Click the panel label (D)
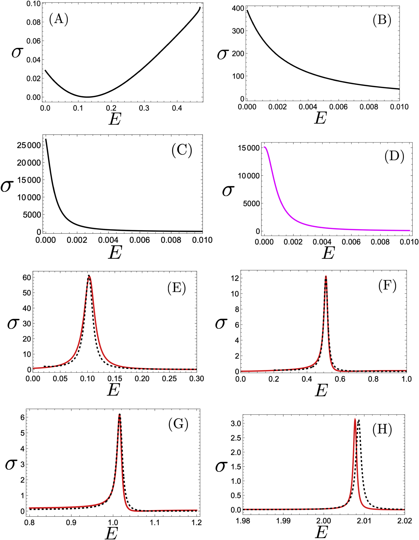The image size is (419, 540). point(394,156)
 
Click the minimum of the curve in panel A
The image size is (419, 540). point(87,97)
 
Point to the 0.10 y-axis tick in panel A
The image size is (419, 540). point(34,4)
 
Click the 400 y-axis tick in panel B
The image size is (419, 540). point(238,9)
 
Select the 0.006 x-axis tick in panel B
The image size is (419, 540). point(339,107)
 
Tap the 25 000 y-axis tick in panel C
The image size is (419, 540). point(29,145)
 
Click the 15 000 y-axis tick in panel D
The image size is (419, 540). point(249,148)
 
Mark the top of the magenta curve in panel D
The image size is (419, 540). point(265,147)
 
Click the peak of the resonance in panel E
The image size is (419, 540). point(89,276)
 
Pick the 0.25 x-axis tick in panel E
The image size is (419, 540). point(169,379)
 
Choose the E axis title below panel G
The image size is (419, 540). point(111,533)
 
